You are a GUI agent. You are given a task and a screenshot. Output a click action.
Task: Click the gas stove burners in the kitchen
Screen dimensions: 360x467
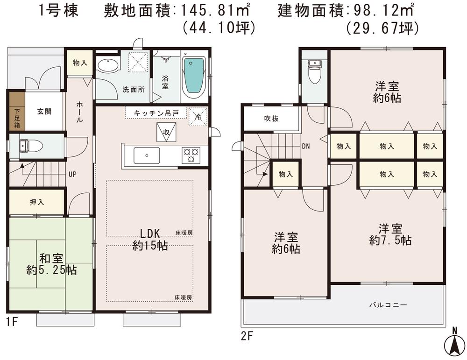(191, 155)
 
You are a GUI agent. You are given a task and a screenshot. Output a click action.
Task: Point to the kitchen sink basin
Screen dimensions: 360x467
(146, 155)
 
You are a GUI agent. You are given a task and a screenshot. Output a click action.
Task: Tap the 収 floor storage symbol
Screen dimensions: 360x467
(166, 131)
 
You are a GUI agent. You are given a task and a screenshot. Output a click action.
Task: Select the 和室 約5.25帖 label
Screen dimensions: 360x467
(51, 264)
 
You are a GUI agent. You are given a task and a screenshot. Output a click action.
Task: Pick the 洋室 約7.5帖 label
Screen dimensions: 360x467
(390, 234)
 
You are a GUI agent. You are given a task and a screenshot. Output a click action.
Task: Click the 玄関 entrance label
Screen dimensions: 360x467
(44, 112)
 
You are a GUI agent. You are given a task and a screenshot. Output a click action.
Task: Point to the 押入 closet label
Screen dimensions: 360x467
(36, 203)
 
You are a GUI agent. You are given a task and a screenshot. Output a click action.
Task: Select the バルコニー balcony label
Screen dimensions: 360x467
(388, 305)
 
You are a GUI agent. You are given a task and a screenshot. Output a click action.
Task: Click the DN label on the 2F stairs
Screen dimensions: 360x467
(305, 146)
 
